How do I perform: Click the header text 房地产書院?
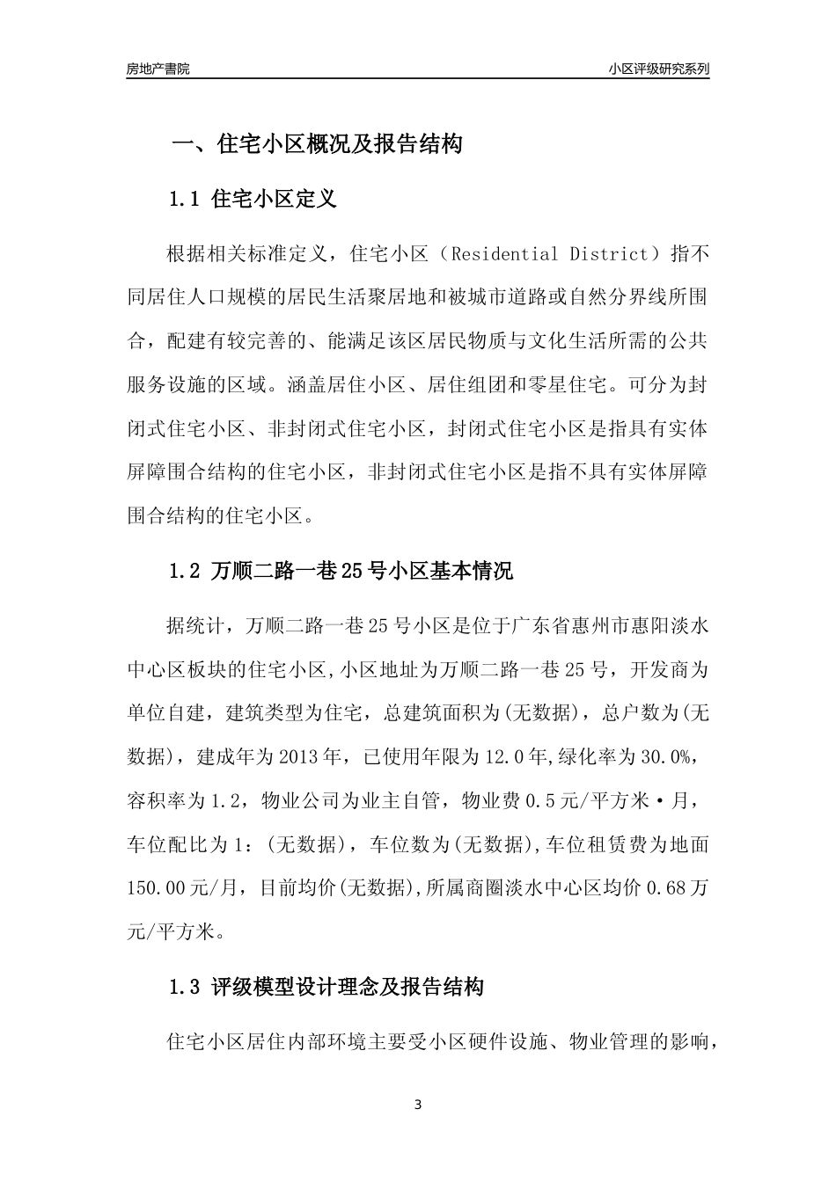tap(158, 69)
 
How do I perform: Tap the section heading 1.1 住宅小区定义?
tap(253, 199)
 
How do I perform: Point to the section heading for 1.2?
tap(340, 572)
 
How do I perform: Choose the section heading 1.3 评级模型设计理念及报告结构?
tap(326, 988)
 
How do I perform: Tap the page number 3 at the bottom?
tap(418, 1105)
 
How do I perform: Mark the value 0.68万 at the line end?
tap(678, 888)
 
